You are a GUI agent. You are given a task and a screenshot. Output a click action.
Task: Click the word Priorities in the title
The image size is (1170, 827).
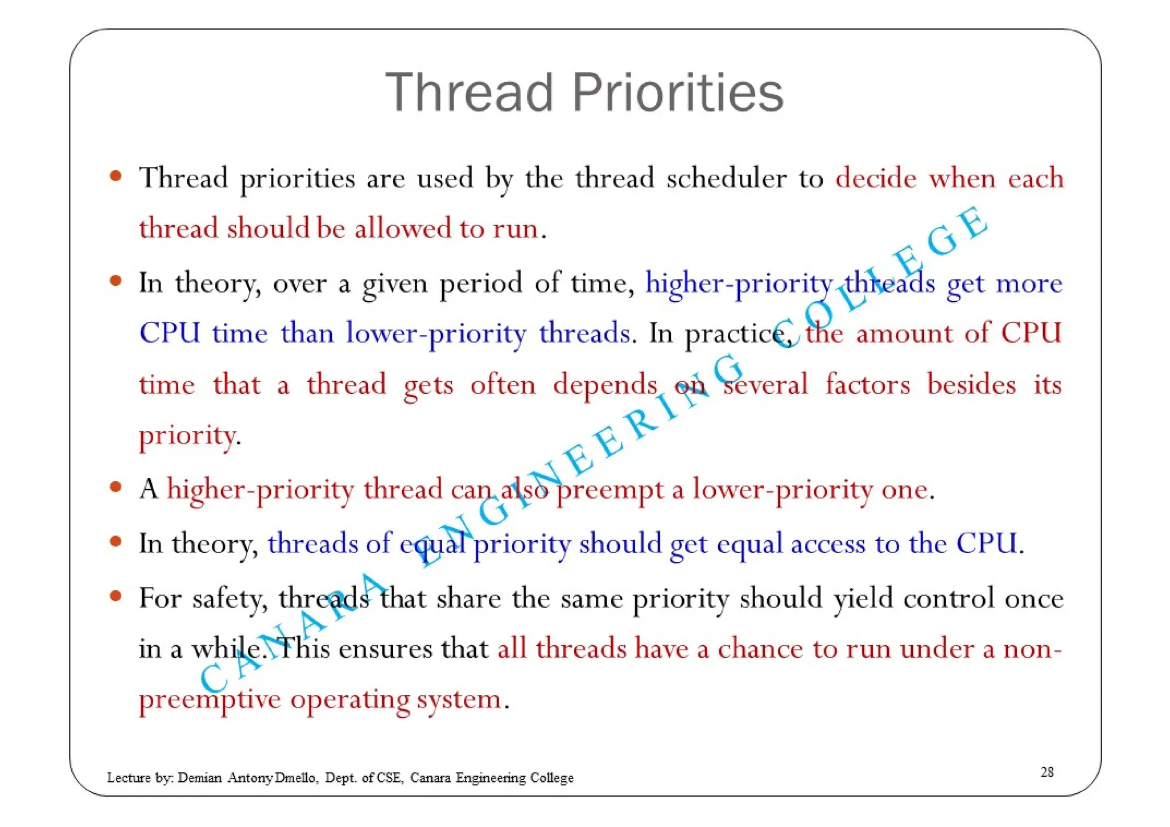(678, 93)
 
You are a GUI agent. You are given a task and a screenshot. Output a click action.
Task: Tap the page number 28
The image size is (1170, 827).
(1047, 772)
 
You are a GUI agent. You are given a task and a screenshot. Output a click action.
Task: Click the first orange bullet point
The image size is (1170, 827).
(116, 176)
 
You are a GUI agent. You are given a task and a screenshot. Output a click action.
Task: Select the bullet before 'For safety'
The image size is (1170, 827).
(116, 596)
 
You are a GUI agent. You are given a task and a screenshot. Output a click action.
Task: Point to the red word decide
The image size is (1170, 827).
(876, 178)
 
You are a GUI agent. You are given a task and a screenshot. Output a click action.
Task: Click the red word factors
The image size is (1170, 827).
(867, 384)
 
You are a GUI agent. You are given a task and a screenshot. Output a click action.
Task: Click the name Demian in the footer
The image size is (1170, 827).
(199, 778)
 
